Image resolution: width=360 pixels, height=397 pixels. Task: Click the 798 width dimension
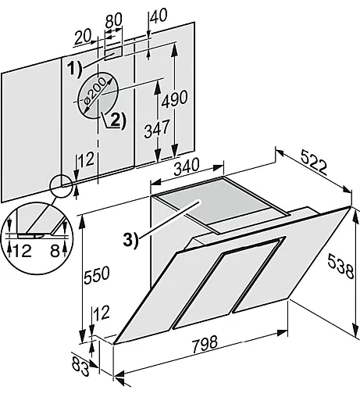pos(205,345)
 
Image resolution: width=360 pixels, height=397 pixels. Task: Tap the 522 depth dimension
pos(313,163)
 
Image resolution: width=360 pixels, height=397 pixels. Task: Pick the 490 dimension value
pos(174,98)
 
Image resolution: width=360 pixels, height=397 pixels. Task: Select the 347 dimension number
pos(157,128)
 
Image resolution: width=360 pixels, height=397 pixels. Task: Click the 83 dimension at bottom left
pos(80,367)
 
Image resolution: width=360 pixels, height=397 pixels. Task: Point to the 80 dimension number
pos(113,20)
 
